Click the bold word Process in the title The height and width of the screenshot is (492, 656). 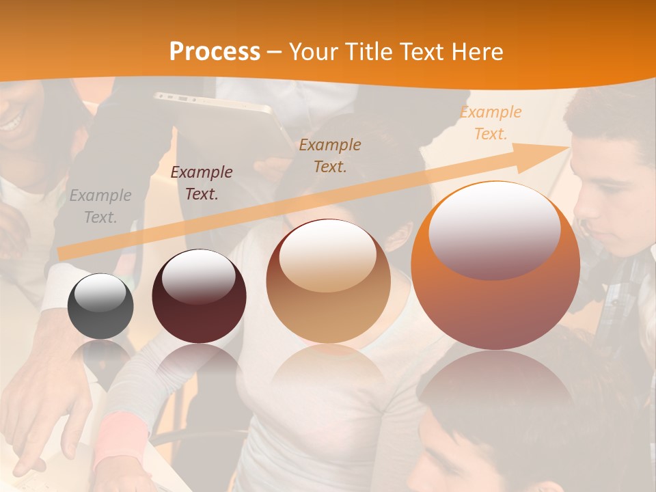click(x=215, y=52)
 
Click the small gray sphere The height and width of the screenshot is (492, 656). click(x=100, y=306)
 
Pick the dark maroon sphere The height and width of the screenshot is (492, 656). click(x=199, y=296)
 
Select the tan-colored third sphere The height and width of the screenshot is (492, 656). click(x=328, y=281)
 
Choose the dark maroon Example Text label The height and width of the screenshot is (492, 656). click(x=202, y=183)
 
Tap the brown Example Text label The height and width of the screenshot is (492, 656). click(x=330, y=155)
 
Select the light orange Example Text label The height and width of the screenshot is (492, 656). click(x=491, y=123)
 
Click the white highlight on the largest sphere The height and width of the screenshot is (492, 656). click(x=494, y=230)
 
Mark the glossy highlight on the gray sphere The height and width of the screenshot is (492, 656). click(x=100, y=292)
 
